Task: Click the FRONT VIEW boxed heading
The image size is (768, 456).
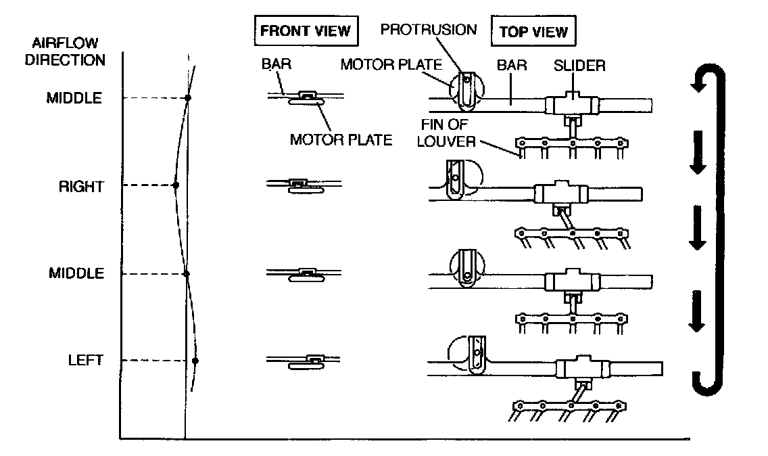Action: click(306, 31)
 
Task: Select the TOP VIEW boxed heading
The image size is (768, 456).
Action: click(533, 31)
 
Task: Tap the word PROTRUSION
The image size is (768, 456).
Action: click(429, 29)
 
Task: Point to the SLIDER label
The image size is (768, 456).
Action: click(579, 65)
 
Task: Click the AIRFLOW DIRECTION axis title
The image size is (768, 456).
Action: click(65, 51)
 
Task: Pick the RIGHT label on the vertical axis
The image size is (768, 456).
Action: click(81, 187)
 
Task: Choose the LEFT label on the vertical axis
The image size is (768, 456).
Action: click(86, 361)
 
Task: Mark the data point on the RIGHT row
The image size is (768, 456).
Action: click(176, 185)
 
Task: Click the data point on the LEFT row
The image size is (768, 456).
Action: click(195, 361)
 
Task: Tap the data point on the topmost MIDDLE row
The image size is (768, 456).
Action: click(187, 98)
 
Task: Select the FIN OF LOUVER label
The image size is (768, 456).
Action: click(446, 133)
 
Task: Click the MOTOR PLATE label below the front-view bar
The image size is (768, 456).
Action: click(341, 140)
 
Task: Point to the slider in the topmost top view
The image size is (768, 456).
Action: click(572, 104)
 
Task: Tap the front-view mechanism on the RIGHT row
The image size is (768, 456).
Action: click(304, 185)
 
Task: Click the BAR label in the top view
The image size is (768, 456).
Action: click(512, 65)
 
